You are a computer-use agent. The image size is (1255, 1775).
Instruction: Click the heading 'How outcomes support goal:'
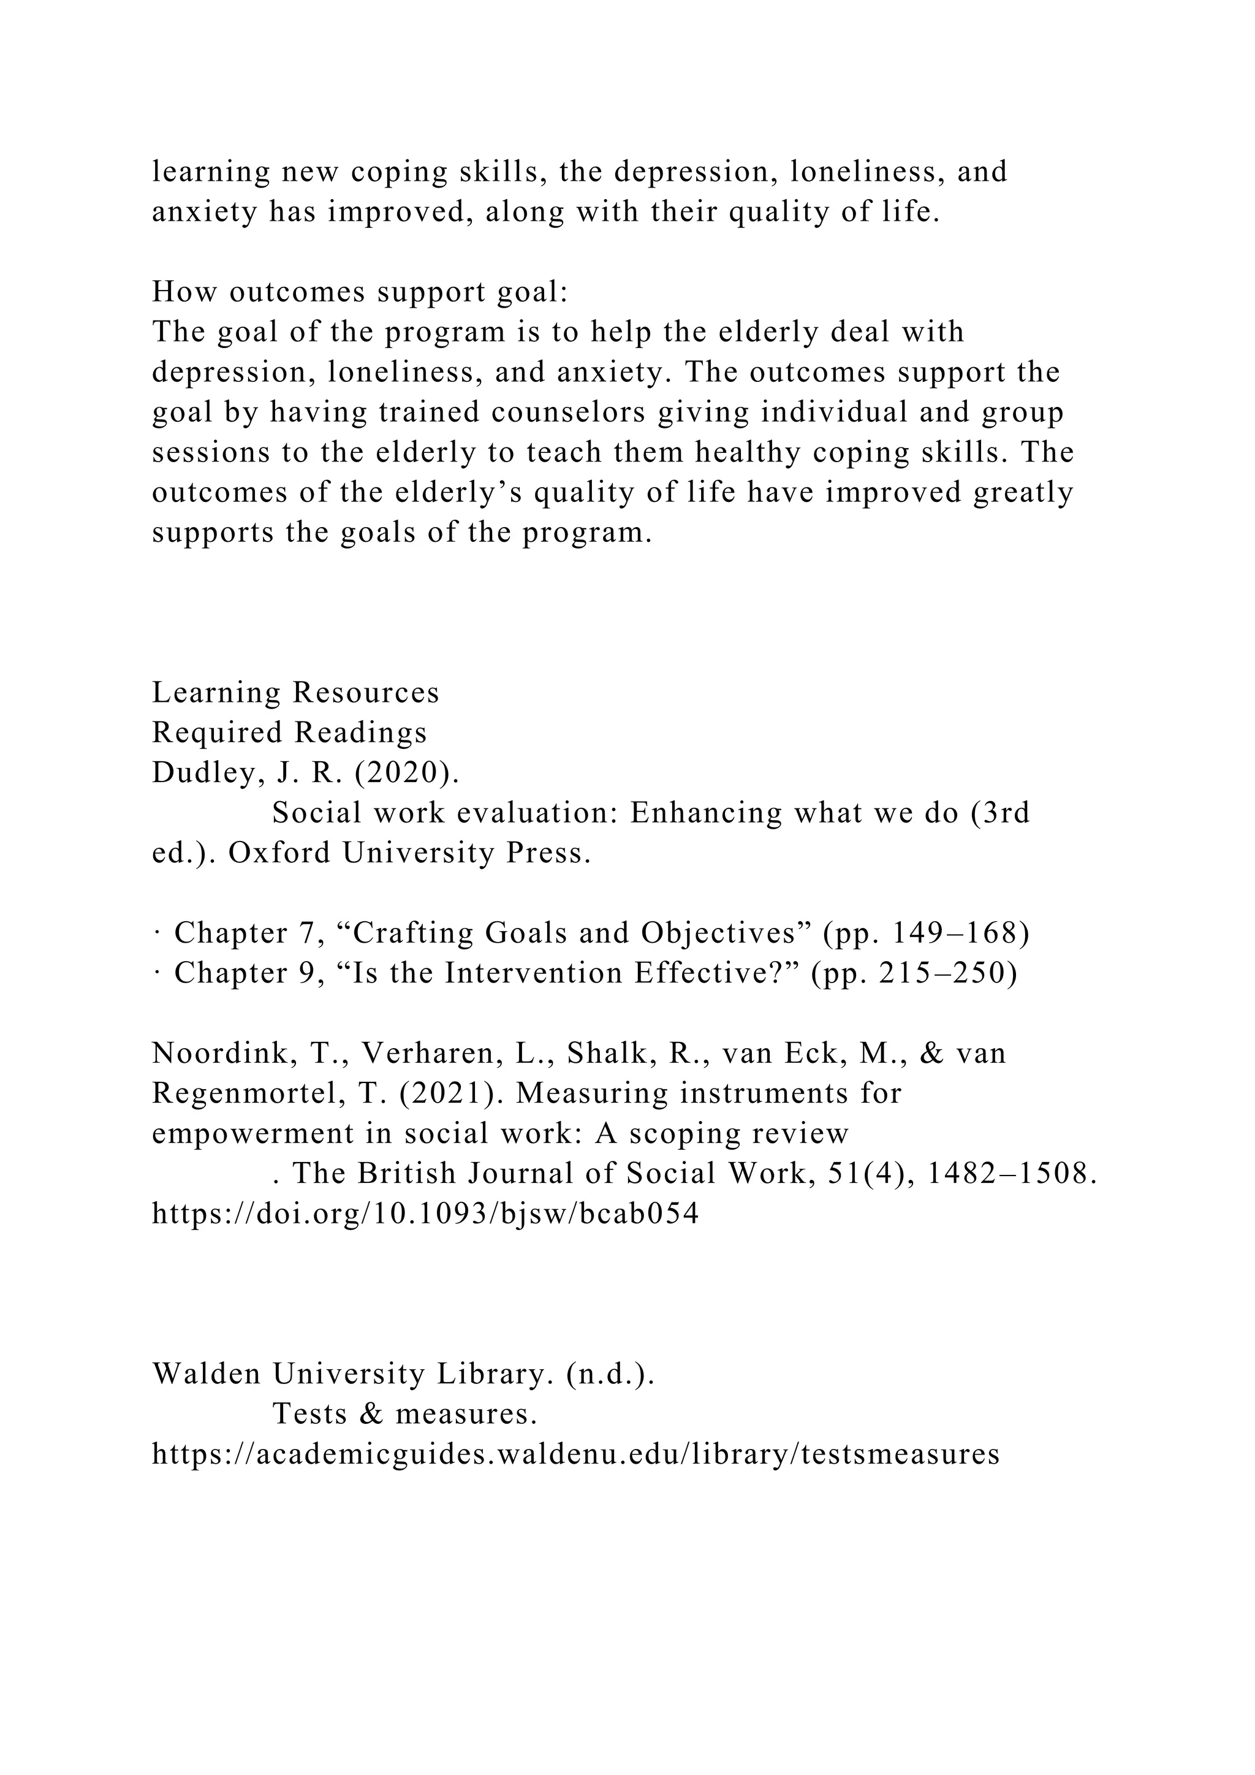click(359, 292)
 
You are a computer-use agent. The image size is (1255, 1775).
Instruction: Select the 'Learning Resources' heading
click(295, 692)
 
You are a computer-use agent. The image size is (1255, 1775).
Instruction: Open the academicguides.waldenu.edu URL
click(576, 1454)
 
